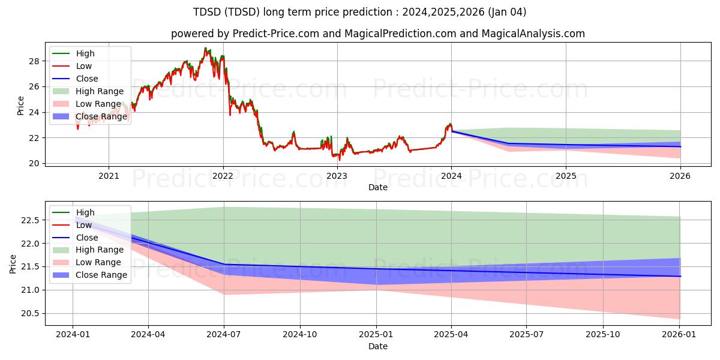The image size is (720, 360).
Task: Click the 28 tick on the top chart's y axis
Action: [35, 61]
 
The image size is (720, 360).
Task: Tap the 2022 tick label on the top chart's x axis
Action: [223, 176]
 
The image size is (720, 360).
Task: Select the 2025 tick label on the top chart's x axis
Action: [566, 176]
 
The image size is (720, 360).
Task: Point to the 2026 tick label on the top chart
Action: [680, 176]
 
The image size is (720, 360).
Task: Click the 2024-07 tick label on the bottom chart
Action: [224, 335]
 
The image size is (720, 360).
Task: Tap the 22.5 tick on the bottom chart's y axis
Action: [31, 220]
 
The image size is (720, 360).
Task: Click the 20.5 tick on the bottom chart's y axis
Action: [31, 313]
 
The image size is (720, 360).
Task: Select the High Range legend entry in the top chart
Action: [100, 91]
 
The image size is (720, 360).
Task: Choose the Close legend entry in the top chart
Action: [87, 79]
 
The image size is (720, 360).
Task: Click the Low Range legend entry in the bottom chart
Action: [98, 262]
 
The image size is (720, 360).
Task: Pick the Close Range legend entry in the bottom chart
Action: [101, 275]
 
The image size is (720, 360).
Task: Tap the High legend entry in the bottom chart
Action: [85, 212]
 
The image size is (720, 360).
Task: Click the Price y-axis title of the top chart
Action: [21, 106]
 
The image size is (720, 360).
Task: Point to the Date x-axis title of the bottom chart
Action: [378, 346]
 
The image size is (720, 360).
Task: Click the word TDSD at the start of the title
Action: [206, 12]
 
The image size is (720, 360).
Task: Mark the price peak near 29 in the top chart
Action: [205, 49]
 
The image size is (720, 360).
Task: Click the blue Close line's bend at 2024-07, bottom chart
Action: [224, 264]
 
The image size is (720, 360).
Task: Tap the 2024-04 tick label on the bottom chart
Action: [148, 335]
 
